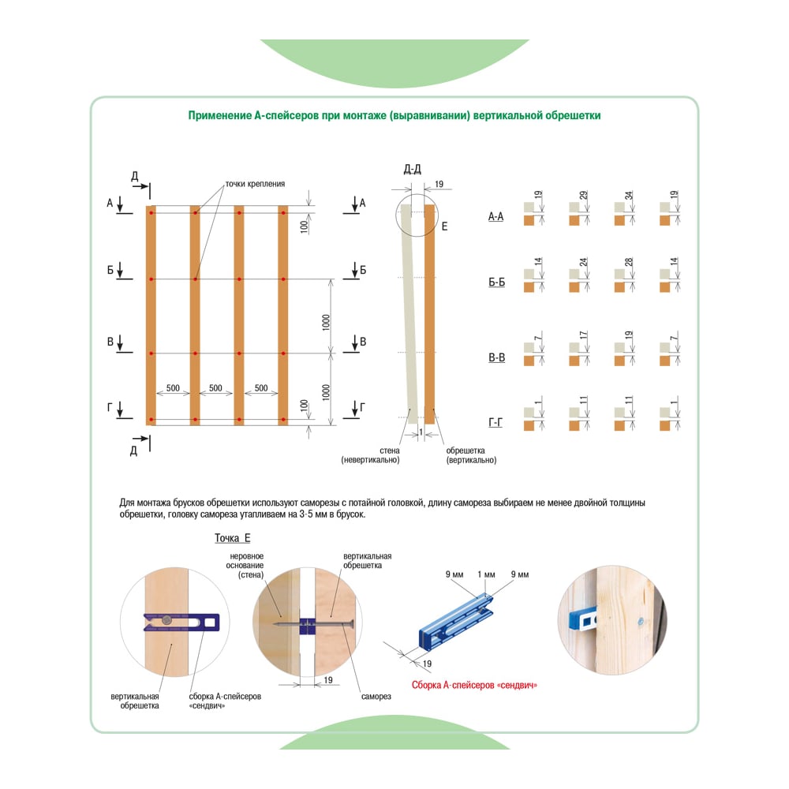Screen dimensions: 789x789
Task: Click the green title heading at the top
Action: click(394, 116)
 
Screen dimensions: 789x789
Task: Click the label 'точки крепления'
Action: click(255, 184)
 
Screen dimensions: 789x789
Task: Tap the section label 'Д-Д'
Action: click(412, 169)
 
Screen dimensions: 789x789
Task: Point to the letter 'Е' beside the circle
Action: click(444, 226)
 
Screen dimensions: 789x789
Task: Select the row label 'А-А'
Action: click(495, 217)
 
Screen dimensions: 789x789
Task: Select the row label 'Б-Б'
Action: click(496, 282)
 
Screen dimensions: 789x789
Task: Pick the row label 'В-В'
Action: click(496, 357)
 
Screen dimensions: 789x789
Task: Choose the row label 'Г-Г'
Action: click(495, 422)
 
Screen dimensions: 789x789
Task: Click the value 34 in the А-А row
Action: click(629, 195)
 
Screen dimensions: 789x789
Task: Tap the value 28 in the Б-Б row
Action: click(629, 262)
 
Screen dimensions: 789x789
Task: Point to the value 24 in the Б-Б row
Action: click(583, 262)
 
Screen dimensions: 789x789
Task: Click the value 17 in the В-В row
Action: click(583, 335)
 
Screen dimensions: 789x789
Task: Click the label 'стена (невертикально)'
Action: click(371, 455)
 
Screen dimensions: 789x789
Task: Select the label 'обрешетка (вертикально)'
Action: click(471, 455)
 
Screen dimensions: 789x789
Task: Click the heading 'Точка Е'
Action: click(233, 538)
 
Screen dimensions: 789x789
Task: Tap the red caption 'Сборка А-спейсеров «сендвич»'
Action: click(474, 685)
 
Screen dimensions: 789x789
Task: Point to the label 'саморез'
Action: click(376, 697)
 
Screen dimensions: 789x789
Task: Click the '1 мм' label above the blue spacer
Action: click(486, 574)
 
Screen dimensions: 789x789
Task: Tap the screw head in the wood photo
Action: click(641, 622)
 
